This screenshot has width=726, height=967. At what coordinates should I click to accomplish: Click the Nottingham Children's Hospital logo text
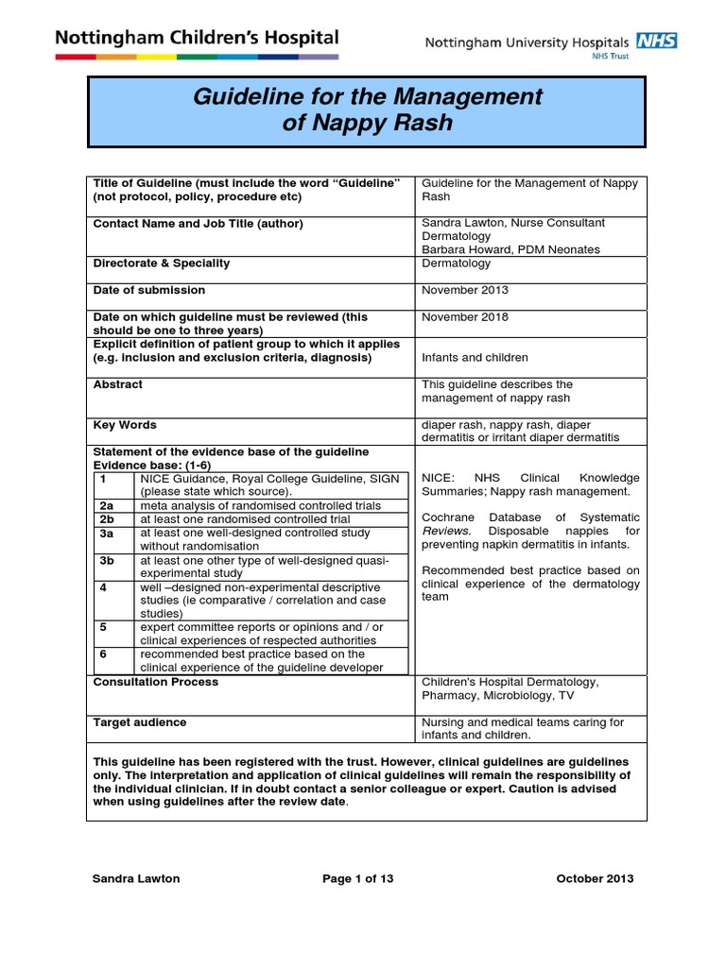point(197,39)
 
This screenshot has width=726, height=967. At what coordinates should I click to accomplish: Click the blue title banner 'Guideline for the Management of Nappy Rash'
point(367,110)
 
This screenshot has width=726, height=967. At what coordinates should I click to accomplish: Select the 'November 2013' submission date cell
point(464,290)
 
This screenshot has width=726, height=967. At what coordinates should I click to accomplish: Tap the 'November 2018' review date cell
point(464,317)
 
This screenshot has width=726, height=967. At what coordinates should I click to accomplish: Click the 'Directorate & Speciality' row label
point(162,263)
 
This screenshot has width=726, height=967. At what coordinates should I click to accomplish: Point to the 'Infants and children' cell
point(475,358)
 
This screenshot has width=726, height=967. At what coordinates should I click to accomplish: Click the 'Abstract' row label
point(118,384)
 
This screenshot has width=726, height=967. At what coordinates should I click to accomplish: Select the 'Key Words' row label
point(125,425)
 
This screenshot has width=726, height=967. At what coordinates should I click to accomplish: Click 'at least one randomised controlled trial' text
point(245,519)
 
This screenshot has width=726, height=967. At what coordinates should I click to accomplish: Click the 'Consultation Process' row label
point(155,682)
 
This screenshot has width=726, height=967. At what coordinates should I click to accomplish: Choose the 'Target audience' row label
point(140,722)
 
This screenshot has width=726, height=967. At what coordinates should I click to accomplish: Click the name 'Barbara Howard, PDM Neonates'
point(510,249)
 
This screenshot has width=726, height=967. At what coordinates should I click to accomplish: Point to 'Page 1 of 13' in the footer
point(357,878)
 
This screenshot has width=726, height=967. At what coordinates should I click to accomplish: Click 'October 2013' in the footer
point(595,878)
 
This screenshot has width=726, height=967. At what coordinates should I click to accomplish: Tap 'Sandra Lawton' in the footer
point(135,878)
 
